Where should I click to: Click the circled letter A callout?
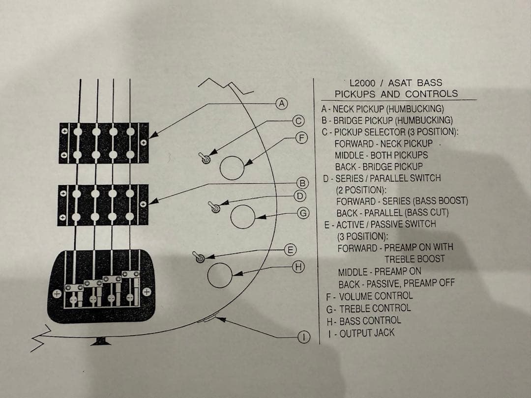tap(281, 104)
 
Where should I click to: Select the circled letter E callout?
tap(291, 250)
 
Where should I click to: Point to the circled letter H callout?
tap(297, 267)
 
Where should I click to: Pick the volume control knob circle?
tap(232, 168)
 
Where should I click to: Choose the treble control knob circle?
tap(243, 217)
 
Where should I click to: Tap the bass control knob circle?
tap(220, 275)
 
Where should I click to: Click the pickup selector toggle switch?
tap(205, 158)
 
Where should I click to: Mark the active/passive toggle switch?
tap(199, 257)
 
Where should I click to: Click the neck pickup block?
tap(103, 143)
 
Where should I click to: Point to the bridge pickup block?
tap(103, 205)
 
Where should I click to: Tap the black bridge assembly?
tap(102, 286)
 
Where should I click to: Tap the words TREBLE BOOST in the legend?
tap(414, 259)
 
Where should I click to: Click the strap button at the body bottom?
tap(101, 341)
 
